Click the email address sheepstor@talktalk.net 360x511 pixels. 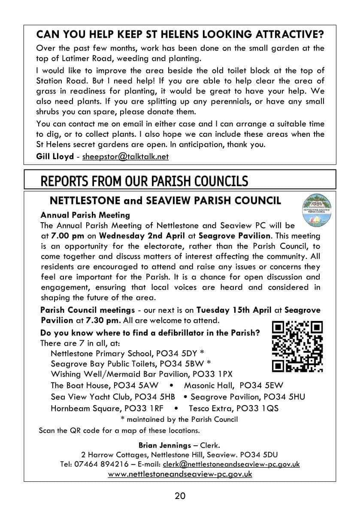pos(125,156)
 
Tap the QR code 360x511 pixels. pos(298,346)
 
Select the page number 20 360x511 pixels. pos(180,496)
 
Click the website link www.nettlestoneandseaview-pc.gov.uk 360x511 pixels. pos(180,474)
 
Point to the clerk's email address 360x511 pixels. pos(231,464)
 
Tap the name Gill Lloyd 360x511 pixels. pos(55,156)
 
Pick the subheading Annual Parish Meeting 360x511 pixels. pos(85,215)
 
